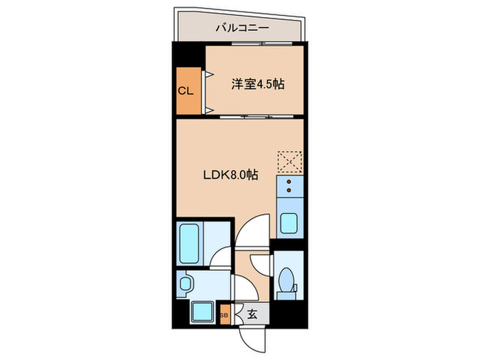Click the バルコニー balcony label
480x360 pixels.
click(241, 28)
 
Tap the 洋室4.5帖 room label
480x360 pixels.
click(257, 84)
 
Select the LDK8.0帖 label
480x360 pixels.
click(230, 175)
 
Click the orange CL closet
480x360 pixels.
click(186, 91)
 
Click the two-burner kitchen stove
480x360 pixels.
click(289, 186)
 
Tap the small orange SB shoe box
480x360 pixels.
click(224, 315)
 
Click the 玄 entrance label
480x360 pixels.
click(252, 315)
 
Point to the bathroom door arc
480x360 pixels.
click(221, 258)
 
